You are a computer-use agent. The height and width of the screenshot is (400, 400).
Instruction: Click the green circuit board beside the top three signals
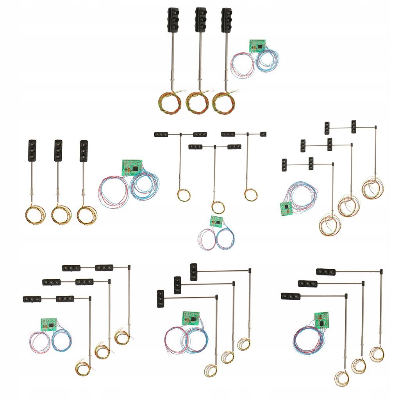(x=257, y=46)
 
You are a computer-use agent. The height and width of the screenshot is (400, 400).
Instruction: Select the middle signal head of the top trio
(x=201, y=20)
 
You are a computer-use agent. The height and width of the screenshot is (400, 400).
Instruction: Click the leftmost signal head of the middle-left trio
(x=32, y=150)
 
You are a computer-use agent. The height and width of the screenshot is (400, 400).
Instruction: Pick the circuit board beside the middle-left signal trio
(x=132, y=167)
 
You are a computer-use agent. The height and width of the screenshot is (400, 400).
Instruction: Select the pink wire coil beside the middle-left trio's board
(x=114, y=191)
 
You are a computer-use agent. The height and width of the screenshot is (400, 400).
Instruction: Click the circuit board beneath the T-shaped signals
(x=216, y=221)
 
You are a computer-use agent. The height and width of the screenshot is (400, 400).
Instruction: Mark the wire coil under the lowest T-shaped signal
(x=218, y=207)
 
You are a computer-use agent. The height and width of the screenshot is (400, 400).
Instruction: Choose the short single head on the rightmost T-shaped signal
(x=263, y=134)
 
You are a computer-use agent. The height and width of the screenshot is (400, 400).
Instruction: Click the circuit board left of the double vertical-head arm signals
(x=287, y=208)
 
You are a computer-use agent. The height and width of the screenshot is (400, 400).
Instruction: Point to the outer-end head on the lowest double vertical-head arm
(x=284, y=164)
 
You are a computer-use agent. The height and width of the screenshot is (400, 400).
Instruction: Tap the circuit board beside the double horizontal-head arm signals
(x=49, y=324)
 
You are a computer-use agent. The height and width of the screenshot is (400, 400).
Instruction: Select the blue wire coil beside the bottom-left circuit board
(x=62, y=340)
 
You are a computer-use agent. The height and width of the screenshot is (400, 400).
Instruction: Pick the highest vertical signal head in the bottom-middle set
(x=194, y=272)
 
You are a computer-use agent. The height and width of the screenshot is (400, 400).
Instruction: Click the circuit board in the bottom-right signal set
(x=321, y=320)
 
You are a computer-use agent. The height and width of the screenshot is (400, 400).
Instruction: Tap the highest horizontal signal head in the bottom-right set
(x=326, y=272)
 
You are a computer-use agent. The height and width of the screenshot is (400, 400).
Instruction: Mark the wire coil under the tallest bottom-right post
(x=377, y=354)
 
